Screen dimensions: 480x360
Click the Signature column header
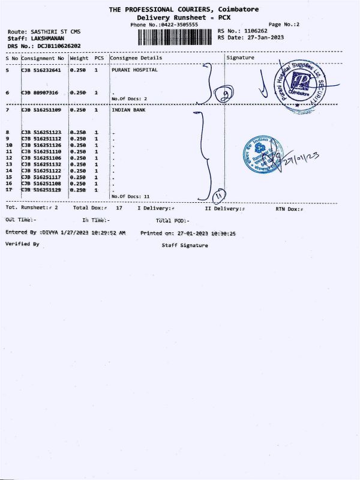241,58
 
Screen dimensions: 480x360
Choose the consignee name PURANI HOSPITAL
134,70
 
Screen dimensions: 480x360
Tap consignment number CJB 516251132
42,164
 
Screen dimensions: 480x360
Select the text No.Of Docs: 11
130,196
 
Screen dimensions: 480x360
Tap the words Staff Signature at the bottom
185,245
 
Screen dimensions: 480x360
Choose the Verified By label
22,244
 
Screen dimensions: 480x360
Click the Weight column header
79,58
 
